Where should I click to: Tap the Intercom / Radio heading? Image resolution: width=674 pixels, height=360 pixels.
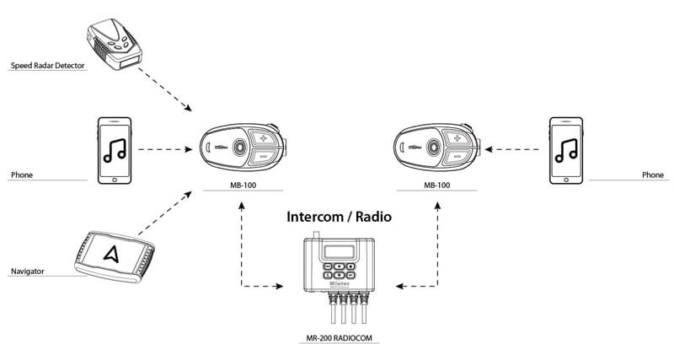[x=340, y=217]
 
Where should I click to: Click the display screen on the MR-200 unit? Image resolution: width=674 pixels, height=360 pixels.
[x=340, y=251]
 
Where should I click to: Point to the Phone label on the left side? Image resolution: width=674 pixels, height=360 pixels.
[x=21, y=175]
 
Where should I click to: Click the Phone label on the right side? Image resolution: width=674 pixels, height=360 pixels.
[x=652, y=175]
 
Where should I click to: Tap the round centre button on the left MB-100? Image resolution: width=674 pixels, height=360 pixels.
[x=239, y=146]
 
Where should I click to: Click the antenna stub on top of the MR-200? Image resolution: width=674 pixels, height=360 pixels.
[x=316, y=233]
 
